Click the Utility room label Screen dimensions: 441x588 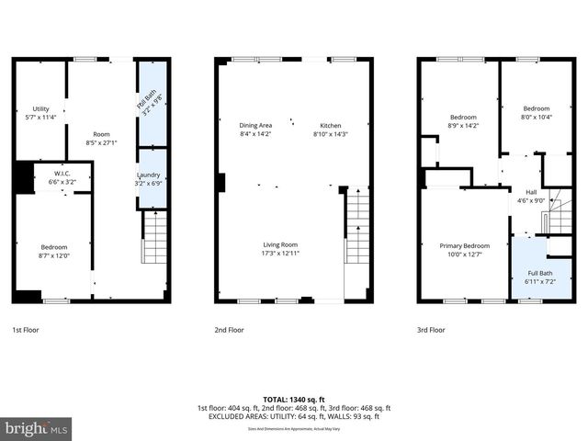(x=40, y=113)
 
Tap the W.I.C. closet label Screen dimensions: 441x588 (x=62, y=178)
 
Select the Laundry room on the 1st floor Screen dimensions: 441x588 (x=152, y=178)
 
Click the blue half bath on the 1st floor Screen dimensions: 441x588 (x=151, y=102)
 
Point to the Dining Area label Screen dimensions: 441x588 (x=255, y=130)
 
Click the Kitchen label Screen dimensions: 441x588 (x=331, y=130)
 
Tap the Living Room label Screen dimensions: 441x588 (x=280, y=249)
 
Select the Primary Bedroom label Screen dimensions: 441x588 (x=463, y=250)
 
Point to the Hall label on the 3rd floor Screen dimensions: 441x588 (x=532, y=196)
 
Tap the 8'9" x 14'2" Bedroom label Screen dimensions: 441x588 (x=463, y=120)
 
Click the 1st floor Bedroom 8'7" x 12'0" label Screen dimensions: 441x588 (x=53, y=251)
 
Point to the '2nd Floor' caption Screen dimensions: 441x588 (x=229, y=329)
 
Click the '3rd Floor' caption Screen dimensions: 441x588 (x=431, y=329)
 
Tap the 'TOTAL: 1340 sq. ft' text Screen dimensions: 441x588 (x=294, y=400)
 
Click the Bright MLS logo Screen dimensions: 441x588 (x=37, y=428)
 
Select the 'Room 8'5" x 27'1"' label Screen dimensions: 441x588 (x=101, y=138)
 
